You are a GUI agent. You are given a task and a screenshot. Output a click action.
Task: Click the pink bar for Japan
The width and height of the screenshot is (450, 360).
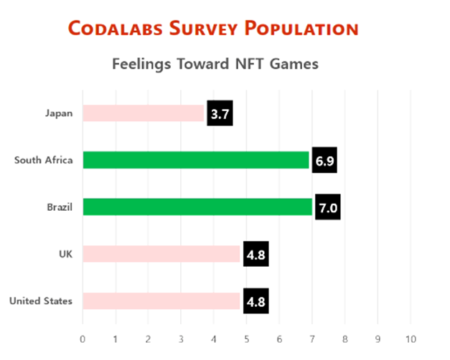click(x=144, y=113)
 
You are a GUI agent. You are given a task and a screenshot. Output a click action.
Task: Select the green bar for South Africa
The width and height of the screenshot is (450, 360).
click(x=195, y=160)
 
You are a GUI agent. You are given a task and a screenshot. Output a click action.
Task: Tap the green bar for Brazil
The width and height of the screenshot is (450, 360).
click(x=197, y=207)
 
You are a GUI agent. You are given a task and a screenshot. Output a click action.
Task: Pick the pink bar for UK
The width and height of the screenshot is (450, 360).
click(x=161, y=254)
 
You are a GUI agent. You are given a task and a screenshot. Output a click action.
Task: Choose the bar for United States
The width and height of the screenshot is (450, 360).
click(x=161, y=301)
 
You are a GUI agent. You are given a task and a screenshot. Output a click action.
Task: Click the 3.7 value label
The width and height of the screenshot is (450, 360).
click(x=220, y=114)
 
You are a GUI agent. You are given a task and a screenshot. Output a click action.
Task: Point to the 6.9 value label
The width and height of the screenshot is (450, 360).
click(x=324, y=161)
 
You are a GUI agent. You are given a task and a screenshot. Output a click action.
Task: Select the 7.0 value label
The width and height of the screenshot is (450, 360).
click(x=327, y=208)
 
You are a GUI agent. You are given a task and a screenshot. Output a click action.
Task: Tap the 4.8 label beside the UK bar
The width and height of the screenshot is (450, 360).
click(x=256, y=255)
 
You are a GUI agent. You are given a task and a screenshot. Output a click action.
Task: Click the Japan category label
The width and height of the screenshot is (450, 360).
click(x=59, y=113)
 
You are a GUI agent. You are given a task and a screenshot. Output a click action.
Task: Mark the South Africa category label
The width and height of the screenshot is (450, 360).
click(x=44, y=160)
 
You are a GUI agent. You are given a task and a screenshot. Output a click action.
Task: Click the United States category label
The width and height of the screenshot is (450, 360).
click(x=41, y=301)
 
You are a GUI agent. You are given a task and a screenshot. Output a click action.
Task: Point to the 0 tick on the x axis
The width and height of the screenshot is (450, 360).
click(x=83, y=338)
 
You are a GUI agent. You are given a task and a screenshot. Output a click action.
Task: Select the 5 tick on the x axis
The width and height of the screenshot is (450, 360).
click(x=246, y=338)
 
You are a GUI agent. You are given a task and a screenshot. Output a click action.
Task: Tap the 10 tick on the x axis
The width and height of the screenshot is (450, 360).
click(x=410, y=338)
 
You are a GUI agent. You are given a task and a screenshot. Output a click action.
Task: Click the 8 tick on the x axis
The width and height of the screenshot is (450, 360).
click(x=344, y=338)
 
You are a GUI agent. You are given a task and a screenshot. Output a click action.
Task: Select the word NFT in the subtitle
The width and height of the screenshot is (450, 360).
click(x=246, y=64)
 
